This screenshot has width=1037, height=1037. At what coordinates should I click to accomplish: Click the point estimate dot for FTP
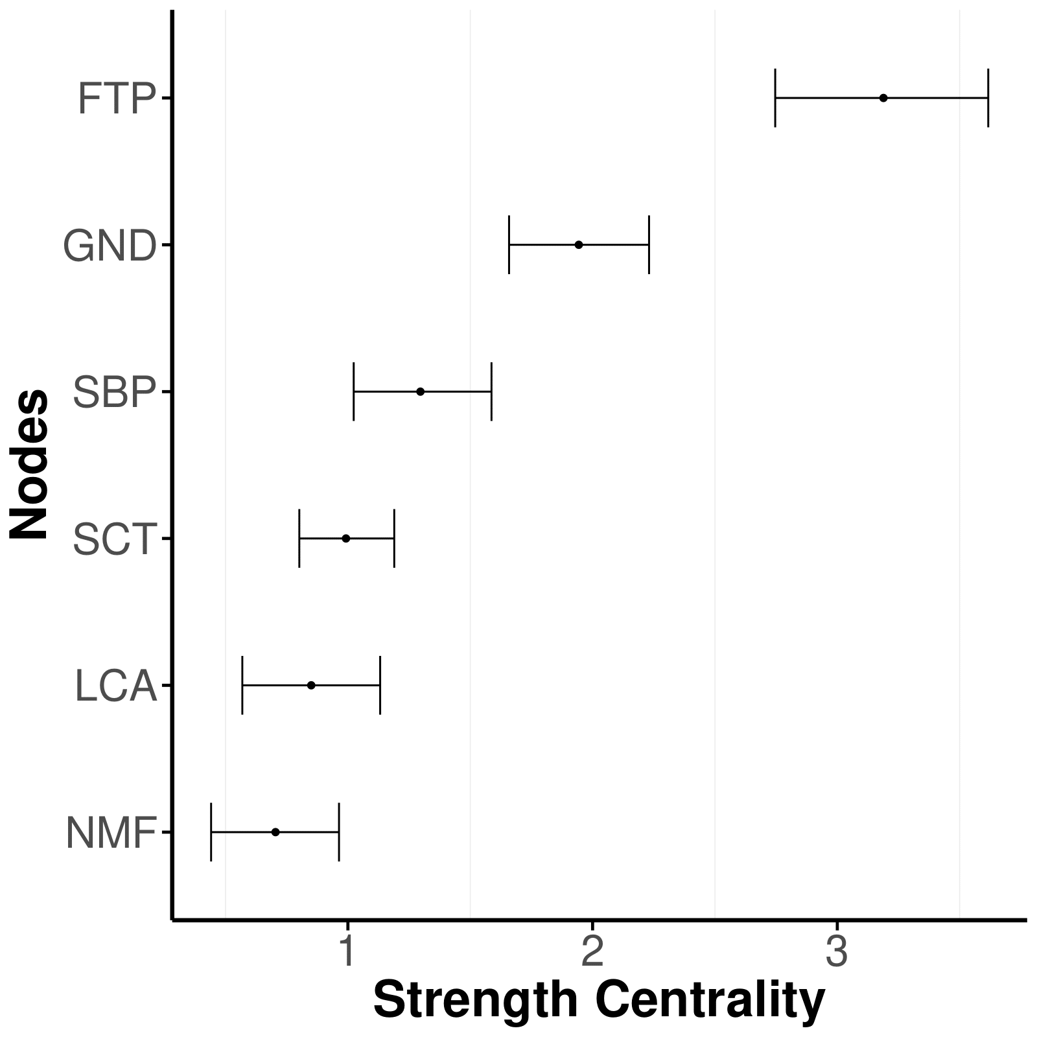pyautogui.click(x=883, y=98)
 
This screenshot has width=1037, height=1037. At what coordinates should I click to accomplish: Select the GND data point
pyautogui.click(x=579, y=244)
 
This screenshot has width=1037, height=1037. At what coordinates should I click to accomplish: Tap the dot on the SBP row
pyautogui.click(x=421, y=391)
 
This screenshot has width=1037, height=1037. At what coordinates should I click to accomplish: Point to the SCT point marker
pyautogui.click(x=346, y=539)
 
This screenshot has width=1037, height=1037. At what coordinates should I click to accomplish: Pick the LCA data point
pyautogui.click(x=311, y=685)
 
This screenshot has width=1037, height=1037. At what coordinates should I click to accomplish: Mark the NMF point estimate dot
pyautogui.click(x=275, y=832)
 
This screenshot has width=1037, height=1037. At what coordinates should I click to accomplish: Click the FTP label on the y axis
pyautogui.click(x=117, y=99)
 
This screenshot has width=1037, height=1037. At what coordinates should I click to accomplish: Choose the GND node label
pyautogui.click(x=110, y=246)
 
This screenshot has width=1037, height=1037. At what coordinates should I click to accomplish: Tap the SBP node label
pyautogui.click(x=115, y=393)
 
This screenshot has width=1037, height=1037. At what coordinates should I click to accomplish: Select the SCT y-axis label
pyautogui.click(x=115, y=540)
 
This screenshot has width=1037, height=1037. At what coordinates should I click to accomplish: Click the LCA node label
pyautogui.click(x=116, y=686)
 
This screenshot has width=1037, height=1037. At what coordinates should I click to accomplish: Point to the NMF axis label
pyautogui.click(x=111, y=833)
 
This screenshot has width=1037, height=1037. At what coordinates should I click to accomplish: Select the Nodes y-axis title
pyautogui.click(x=30, y=464)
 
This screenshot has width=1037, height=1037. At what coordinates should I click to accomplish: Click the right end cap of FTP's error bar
pyautogui.click(x=988, y=98)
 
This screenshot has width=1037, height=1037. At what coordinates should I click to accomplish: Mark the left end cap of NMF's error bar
pyautogui.click(x=211, y=832)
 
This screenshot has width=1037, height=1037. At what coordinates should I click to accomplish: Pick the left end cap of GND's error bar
pyautogui.click(x=509, y=244)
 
